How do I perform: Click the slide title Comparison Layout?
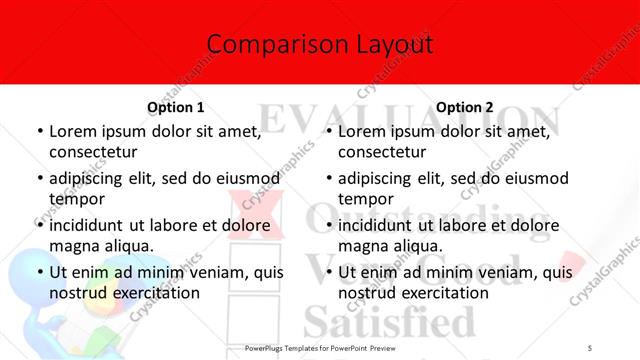(x=320, y=44)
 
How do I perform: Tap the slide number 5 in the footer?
(x=590, y=346)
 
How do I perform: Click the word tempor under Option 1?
(x=75, y=198)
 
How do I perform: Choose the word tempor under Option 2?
(x=365, y=198)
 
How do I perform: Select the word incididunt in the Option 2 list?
(x=381, y=225)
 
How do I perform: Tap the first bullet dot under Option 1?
(x=38, y=131)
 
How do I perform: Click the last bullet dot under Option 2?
(x=328, y=272)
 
